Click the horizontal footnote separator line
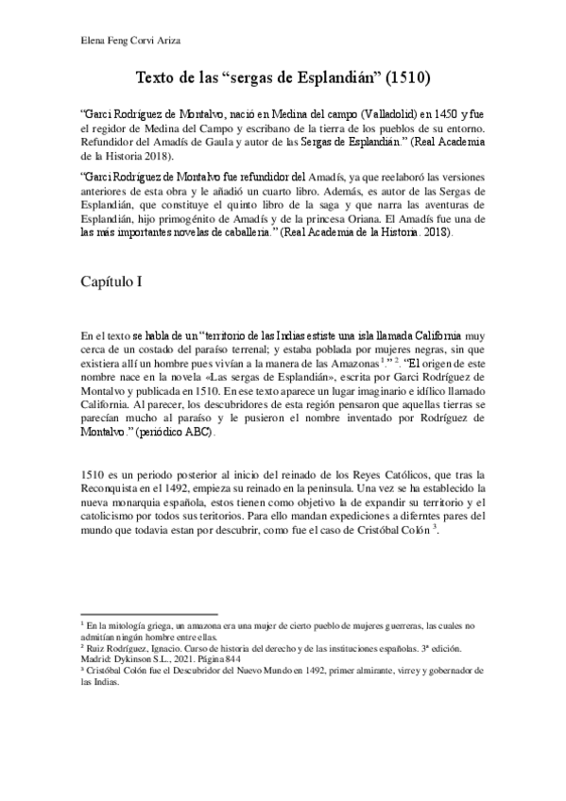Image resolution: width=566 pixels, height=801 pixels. pyautogui.click(x=150, y=612)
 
